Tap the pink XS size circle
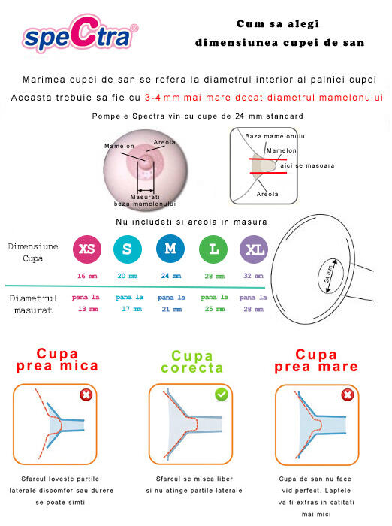[86, 249]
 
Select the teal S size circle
[127, 249]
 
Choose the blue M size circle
[170, 249]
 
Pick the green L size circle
[213, 249]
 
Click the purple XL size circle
[253, 249]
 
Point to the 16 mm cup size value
[86, 276]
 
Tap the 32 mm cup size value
[254, 276]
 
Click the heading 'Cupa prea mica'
[57, 360]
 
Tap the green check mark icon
[222, 394]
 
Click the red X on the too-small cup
[87, 395]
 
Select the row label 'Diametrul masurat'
[33, 304]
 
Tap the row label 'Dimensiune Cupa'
[33, 252]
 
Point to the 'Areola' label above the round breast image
[164, 141]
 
